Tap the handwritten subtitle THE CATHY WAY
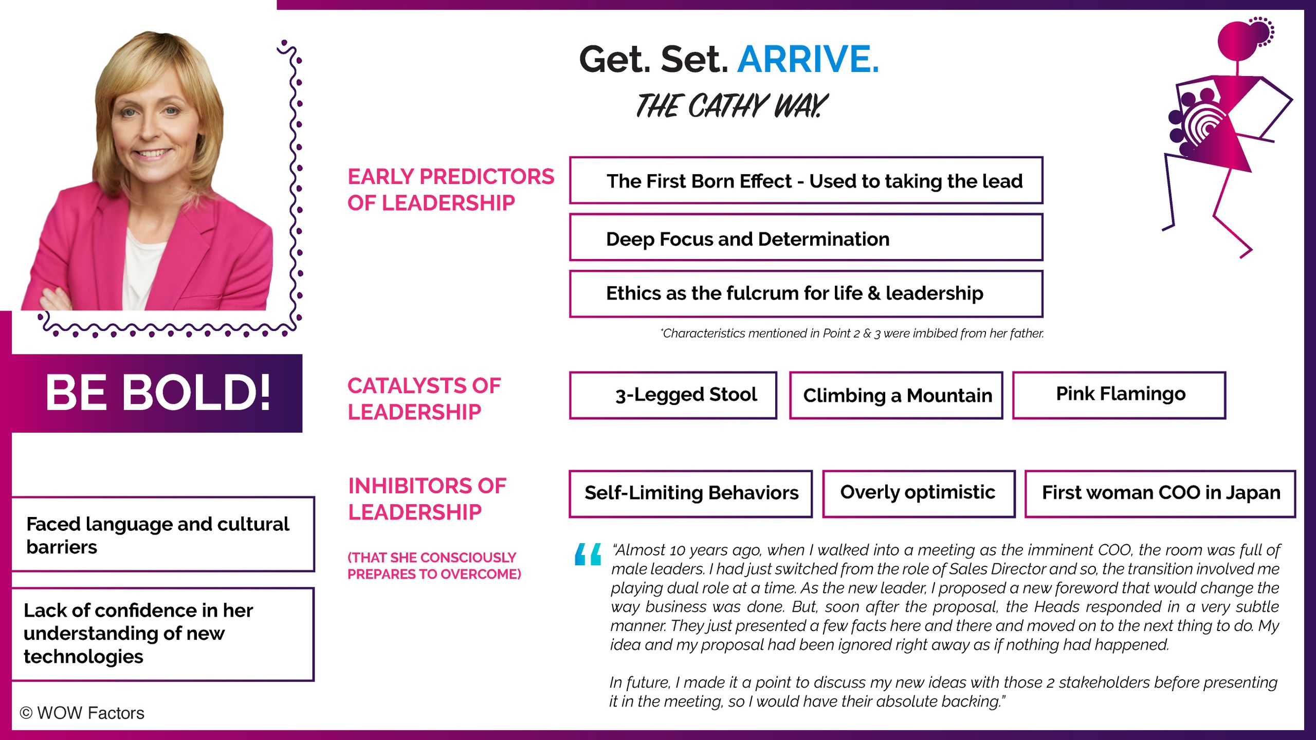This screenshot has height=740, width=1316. point(731,106)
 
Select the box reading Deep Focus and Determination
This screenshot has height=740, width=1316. point(806,238)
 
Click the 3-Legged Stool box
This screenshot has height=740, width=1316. point(673,395)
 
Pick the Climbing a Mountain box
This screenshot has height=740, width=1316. point(896,395)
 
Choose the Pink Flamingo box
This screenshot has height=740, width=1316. point(1119,395)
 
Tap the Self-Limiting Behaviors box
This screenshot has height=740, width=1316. point(690,493)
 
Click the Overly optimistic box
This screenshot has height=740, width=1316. point(919,493)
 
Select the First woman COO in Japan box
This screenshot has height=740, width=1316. point(1160,493)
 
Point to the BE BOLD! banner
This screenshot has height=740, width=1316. point(157,393)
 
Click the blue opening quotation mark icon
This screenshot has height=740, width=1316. point(588,554)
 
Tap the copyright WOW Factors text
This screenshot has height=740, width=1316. point(82,713)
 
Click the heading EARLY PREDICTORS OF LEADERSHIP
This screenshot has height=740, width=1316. point(450,190)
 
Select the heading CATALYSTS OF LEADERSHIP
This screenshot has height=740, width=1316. point(424,399)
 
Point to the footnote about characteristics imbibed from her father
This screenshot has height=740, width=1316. point(852,334)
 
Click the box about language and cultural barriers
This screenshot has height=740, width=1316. point(162,534)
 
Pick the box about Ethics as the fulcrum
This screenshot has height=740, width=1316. point(806,293)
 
